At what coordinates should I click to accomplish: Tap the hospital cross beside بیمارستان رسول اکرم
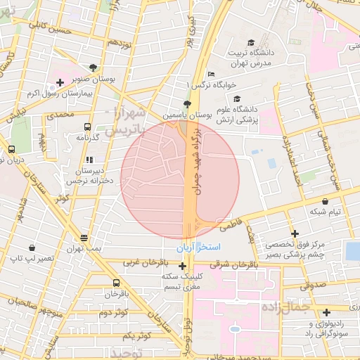60,82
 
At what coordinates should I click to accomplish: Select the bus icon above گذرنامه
87,127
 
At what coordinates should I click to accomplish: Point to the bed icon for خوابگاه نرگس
210,75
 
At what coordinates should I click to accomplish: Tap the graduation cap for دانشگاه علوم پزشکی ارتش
236,99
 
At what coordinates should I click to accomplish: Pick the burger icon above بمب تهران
84,238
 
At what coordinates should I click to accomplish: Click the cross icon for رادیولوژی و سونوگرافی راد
326,312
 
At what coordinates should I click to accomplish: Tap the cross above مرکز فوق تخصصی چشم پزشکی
295,233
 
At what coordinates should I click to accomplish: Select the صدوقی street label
313,285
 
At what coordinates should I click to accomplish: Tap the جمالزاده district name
285,307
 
